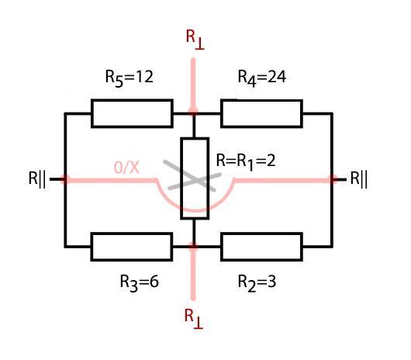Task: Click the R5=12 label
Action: tap(129, 78)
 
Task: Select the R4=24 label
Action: tap(261, 78)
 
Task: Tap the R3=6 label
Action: tap(139, 282)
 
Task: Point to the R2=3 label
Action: tap(257, 282)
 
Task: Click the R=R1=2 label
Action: tap(246, 161)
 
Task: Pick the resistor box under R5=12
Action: tap(132, 113)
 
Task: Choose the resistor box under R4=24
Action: tap(261, 113)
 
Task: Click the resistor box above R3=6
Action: tap(132, 247)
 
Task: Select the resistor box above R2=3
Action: tap(261, 247)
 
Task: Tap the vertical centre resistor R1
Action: tap(195, 178)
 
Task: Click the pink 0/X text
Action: tap(126, 167)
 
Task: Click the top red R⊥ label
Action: tap(195, 40)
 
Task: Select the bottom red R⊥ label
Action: tap(193, 319)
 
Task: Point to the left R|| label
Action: tap(37, 179)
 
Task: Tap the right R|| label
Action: tap(359, 179)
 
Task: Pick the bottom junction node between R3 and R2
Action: tap(193, 247)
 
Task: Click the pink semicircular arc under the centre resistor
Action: tap(195, 210)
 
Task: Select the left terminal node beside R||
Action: tap(65, 179)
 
